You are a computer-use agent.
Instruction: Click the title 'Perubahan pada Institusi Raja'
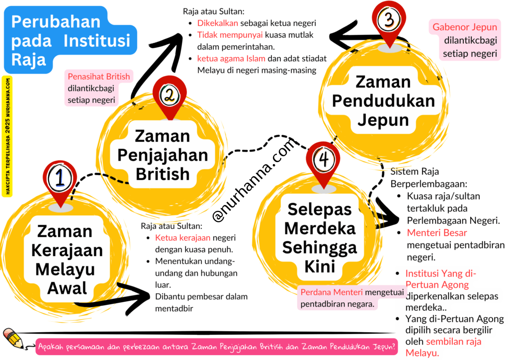click(70, 41)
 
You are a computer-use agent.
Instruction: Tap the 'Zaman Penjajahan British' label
click(163, 155)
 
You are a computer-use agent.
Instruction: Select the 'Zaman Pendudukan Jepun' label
click(383, 101)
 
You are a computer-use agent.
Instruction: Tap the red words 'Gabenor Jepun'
click(465, 27)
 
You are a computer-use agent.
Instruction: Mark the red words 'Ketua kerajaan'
click(182, 237)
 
